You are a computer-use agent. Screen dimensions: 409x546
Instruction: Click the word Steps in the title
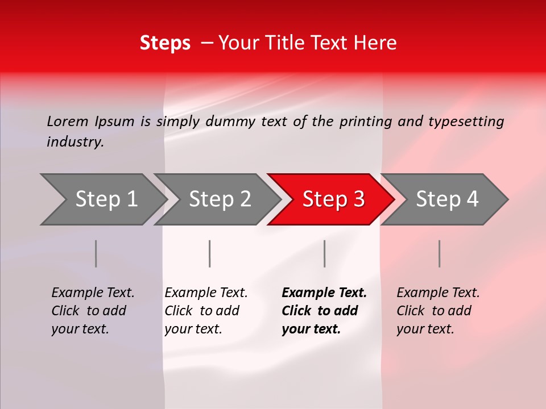point(165,43)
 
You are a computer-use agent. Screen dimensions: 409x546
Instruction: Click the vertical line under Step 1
point(96,253)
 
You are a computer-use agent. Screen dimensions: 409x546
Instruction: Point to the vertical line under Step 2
point(210,253)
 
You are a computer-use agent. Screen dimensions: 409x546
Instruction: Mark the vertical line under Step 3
point(324,253)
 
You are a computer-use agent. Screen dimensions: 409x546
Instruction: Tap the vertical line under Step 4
point(439,253)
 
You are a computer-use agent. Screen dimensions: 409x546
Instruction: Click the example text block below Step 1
point(93,311)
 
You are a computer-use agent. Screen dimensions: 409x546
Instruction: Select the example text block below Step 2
point(206,311)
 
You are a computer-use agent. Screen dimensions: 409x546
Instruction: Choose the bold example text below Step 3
point(324,311)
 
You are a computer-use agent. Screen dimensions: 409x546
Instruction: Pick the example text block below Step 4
point(438,311)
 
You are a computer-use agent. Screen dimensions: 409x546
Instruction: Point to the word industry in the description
point(75,141)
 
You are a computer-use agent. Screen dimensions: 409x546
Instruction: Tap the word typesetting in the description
point(466,122)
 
